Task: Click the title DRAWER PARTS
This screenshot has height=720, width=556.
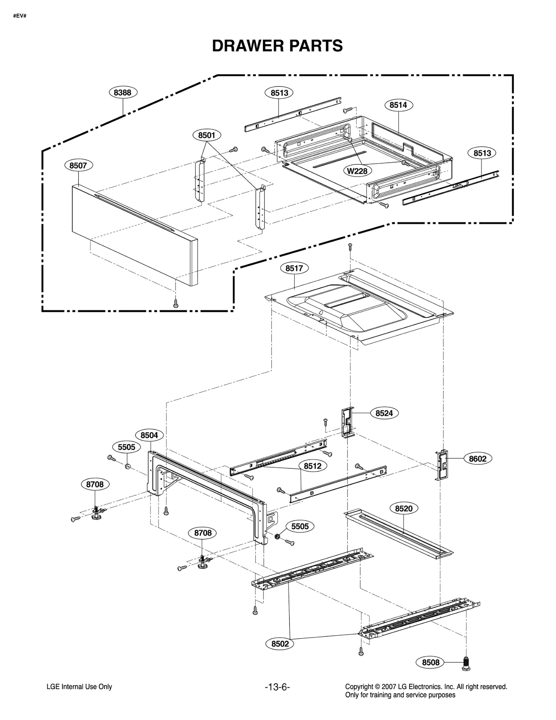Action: point(277,46)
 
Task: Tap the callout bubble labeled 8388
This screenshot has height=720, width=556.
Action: point(123,92)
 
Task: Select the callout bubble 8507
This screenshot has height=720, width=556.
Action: point(78,165)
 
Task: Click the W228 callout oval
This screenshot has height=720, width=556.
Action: point(358,171)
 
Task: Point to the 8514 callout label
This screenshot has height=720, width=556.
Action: point(398,105)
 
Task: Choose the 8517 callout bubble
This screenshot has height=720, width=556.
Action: point(294,268)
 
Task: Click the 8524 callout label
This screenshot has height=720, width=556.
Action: point(384,413)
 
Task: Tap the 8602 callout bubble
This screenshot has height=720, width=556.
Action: point(478,459)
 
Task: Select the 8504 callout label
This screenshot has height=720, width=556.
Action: point(149,435)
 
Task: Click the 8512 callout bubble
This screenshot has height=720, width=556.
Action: point(313,466)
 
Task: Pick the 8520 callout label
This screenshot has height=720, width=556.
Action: point(404,508)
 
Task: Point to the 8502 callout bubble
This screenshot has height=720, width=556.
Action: point(280,644)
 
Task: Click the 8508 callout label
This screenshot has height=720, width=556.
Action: point(431,662)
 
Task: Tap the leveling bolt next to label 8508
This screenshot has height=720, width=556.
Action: point(466,663)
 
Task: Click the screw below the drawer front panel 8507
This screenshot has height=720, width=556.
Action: point(176,304)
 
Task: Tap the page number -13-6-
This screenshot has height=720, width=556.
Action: point(277,687)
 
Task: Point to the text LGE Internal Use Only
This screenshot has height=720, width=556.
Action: point(79,687)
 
